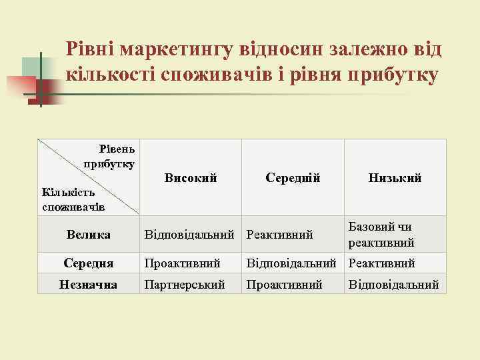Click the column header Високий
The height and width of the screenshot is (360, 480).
pyautogui.click(x=191, y=178)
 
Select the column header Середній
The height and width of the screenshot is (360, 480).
pyautogui.click(x=293, y=178)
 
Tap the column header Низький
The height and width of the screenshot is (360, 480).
pyautogui.click(x=395, y=178)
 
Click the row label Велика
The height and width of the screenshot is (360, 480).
pyautogui.click(x=88, y=235)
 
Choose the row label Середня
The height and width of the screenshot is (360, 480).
pyautogui.click(x=88, y=263)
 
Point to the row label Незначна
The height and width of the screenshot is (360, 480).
pyautogui.click(x=88, y=285)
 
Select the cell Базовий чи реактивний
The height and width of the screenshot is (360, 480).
pyautogui.click(x=381, y=235)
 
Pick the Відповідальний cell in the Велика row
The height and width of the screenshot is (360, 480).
pyautogui.click(x=191, y=235)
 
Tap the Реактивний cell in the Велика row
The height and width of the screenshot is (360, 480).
pyautogui.click(x=280, y=235)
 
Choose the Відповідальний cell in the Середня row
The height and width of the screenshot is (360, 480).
pyautogui.click(x=293, y=263)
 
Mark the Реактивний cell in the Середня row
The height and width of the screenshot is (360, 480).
pyautogui.click(x=381, y=263)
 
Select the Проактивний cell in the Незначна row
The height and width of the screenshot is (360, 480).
pyautogui.click(x=285, y=285)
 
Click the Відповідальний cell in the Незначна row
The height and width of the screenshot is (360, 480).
pyautogui.click(x=394, y=285)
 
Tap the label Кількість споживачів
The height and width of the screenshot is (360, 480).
pyautogui.click(x=73, y=199)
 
